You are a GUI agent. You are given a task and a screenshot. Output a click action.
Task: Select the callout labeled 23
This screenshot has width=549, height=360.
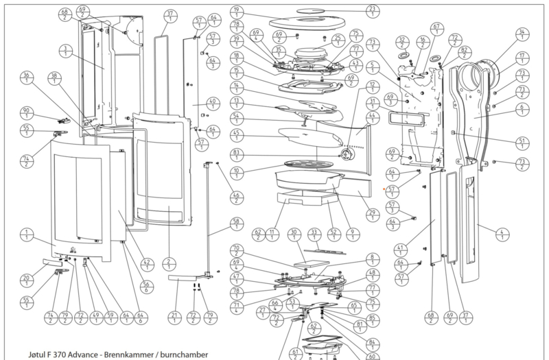373,11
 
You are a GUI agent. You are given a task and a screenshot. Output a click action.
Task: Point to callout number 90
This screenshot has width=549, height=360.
27,113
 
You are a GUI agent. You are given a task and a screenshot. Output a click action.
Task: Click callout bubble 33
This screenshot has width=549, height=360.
316,235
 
